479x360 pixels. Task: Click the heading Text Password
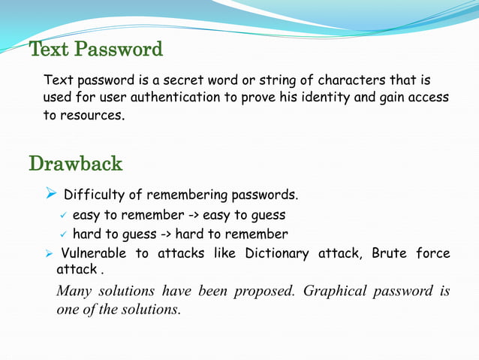click(95, 50)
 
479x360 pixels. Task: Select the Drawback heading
click(75, 163)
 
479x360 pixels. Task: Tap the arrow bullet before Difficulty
click(50, 195)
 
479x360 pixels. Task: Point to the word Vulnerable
click(92, 253)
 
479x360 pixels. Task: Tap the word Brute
click(389, 253)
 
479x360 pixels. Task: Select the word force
click(433, 253)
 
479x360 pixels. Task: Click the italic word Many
click(76, 291)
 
